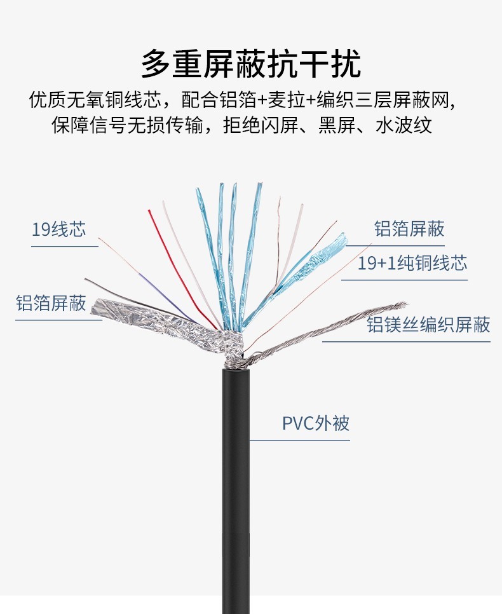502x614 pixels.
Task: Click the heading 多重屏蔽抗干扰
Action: coord(251,64)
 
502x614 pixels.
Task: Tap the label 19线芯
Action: coord(58,229)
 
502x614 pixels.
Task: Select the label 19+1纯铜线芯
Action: coord(412,263)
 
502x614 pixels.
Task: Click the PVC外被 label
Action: coord(316,423)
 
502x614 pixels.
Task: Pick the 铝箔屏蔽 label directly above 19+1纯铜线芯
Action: coord(409,229)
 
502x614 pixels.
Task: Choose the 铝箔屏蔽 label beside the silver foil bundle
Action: coord(51,303)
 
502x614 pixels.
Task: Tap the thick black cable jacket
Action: coord(235,483)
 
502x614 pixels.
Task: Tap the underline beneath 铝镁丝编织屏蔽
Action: coord(407,341)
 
